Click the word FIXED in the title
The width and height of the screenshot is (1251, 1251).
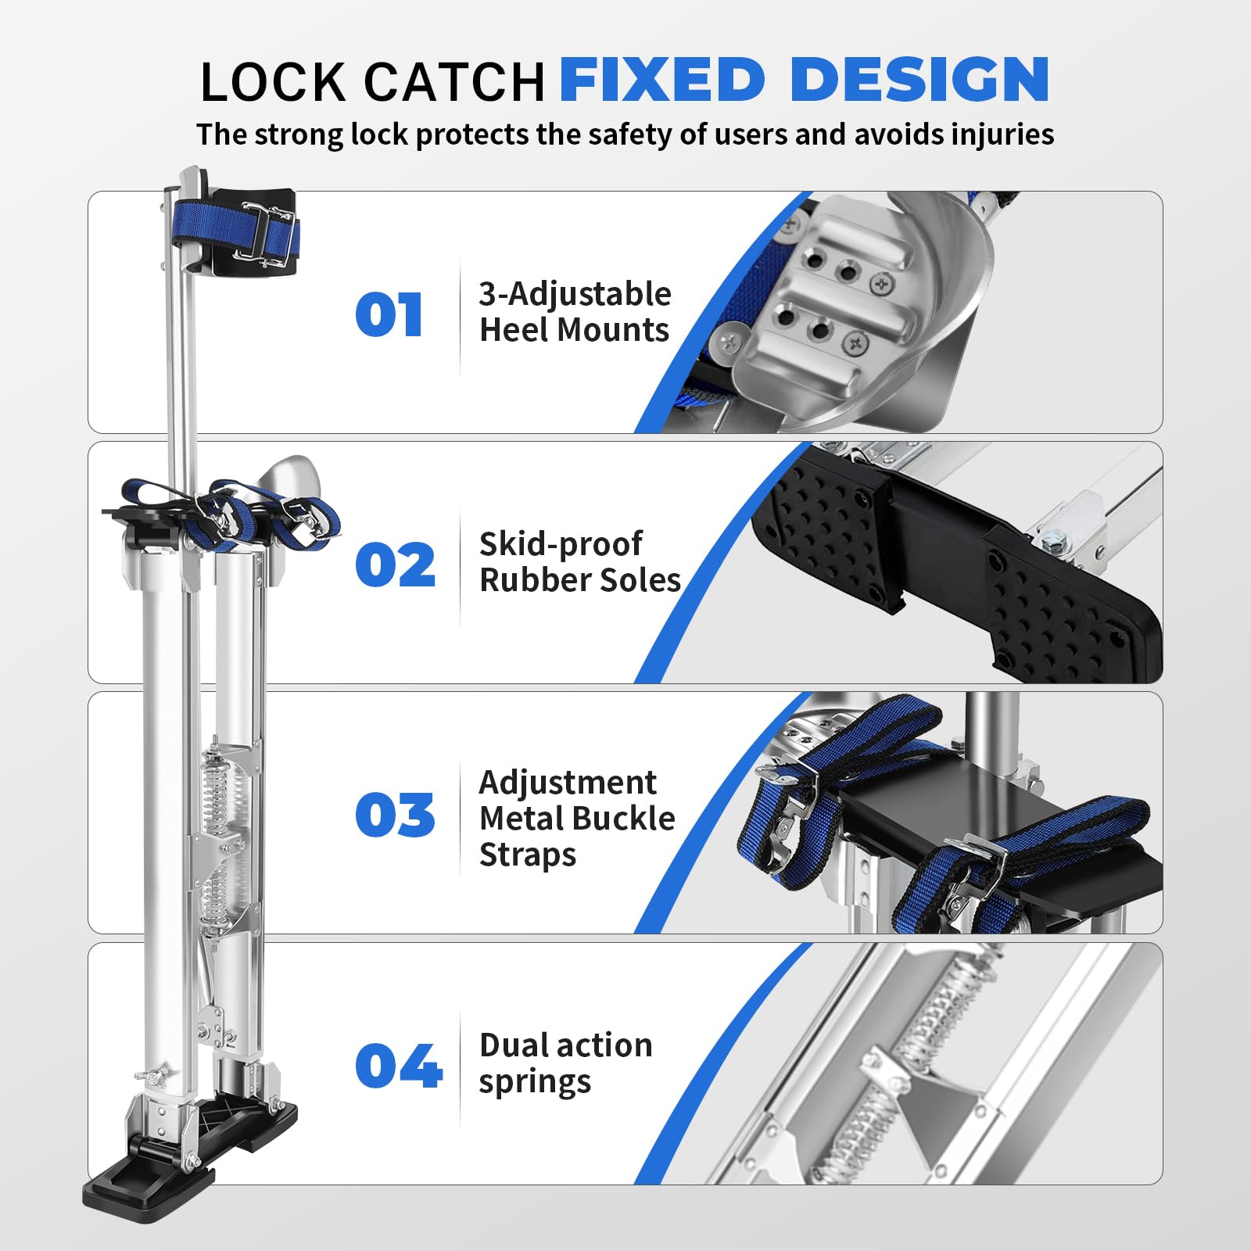[x=661, y=80]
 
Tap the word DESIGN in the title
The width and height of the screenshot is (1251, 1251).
[x=919, y=80]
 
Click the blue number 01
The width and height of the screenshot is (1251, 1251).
[x=389, y=315]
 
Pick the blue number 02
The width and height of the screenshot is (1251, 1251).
[x=395, y=565]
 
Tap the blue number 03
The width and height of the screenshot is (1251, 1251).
[x=395, y=815]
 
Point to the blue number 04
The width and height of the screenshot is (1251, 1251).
[x=398, y=1066]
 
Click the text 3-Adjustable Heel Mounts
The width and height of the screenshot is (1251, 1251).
[x=575, y=312]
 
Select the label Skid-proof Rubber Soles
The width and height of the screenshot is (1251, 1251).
[x=579, y=561]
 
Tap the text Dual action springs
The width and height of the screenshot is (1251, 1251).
[x=565, y=1063]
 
